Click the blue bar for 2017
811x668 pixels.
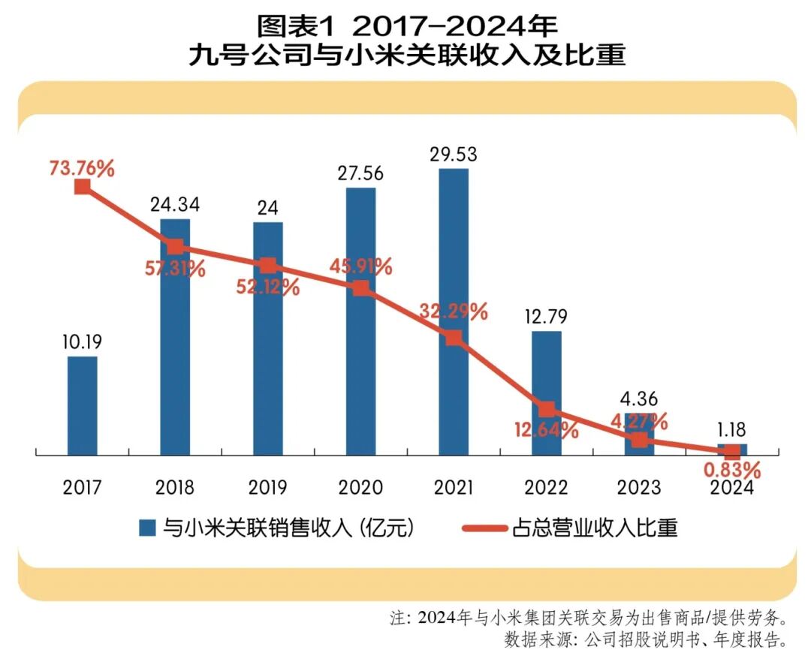82,405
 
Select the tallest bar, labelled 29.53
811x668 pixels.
453,311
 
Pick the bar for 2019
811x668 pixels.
268,338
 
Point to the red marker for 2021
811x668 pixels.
453,338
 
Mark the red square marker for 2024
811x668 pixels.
731,452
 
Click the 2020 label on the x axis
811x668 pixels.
360,488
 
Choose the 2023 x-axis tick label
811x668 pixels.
639,488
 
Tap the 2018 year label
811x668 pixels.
175,488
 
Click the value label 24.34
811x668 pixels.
175,205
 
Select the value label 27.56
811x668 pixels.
360,173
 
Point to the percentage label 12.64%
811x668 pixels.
547,431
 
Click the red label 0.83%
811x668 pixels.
731,471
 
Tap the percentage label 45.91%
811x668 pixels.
360,266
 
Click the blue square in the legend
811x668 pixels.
147,528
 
